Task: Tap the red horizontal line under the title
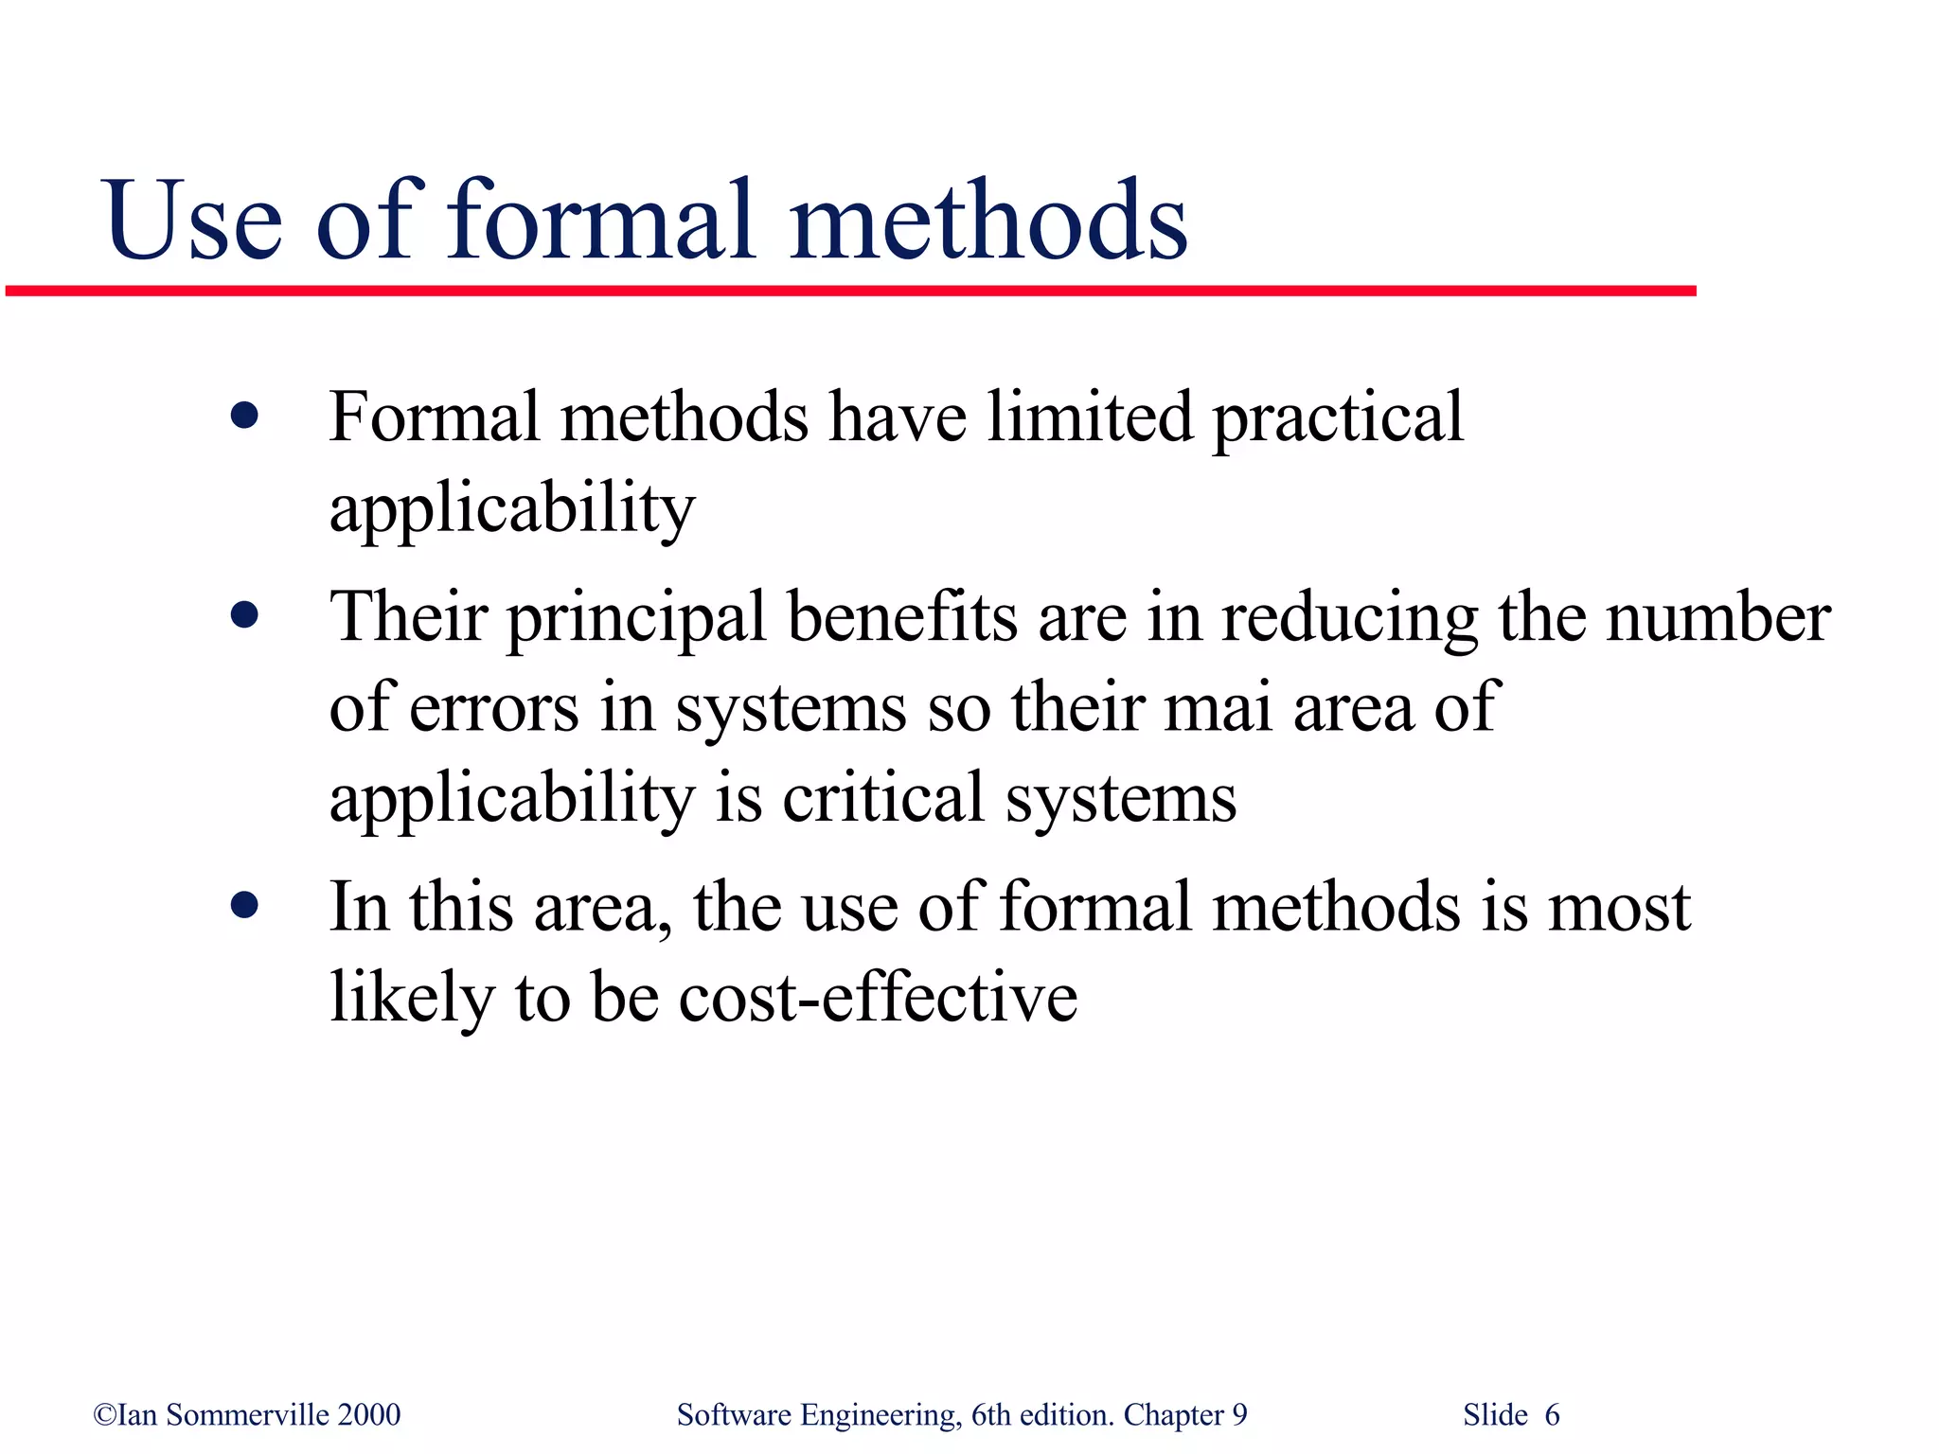pos(850,292)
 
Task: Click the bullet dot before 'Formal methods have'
pos(244,416)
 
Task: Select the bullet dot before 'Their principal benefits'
pos(244,616)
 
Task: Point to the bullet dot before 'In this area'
pos(244,906)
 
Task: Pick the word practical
pos(1338,419)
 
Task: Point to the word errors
pos(493,708)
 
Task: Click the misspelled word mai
pos(1218,707)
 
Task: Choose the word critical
pos(883,797)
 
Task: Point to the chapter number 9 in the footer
pos(1239,1415)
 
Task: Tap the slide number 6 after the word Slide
pos(1552,1415)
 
